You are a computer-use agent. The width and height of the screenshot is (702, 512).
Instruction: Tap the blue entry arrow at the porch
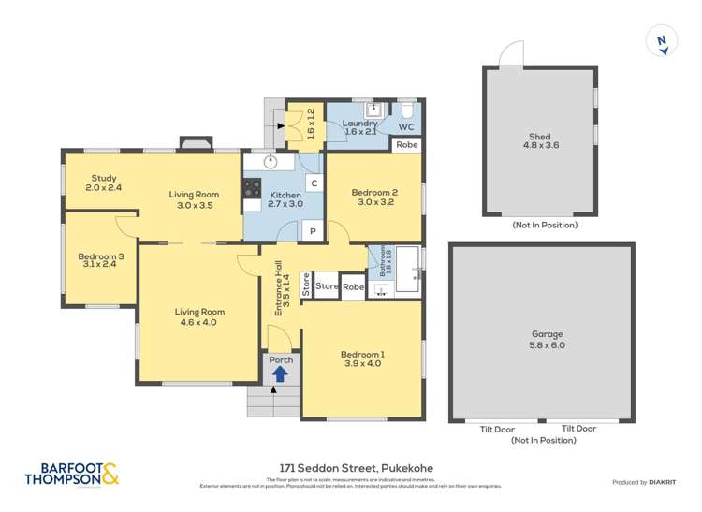(279, 373)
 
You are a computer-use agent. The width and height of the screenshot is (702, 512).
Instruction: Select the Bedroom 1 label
(362, 354)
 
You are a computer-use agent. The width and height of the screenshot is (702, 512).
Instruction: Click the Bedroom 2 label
(373, 193)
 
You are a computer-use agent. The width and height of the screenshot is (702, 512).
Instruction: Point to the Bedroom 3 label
(101, 256)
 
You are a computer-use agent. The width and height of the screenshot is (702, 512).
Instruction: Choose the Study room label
(103, 177)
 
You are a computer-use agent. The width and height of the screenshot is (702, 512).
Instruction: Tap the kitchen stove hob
(252, 188)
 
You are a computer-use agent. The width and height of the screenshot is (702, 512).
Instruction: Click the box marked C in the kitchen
(314, 183)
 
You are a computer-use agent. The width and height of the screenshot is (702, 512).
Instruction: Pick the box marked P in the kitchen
(311, 231)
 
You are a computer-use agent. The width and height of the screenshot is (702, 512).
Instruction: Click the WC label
(406, 126)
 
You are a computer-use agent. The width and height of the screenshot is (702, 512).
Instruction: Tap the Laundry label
(359, 123)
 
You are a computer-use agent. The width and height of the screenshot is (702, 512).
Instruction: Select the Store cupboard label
(326, 285)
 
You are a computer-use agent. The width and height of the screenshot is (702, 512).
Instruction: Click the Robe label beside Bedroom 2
(406, 145)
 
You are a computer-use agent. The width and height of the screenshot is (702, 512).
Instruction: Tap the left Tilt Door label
(497, 429)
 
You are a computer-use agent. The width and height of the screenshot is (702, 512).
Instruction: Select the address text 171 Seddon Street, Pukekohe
(355, 468)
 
